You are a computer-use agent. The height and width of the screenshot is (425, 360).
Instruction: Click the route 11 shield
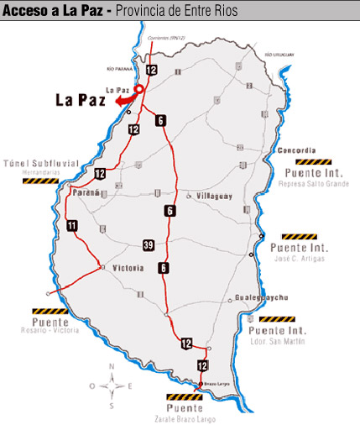click(71, 224)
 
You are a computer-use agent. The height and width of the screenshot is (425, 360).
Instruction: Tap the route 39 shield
click(149, 244)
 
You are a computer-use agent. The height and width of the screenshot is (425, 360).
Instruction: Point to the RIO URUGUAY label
click(280, 54)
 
